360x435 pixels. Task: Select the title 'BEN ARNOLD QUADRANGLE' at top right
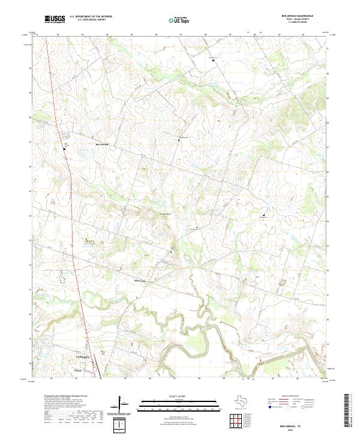click(296, 16)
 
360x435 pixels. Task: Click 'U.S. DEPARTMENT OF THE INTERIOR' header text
click(91, 17)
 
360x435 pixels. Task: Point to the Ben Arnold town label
click(102, 145)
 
